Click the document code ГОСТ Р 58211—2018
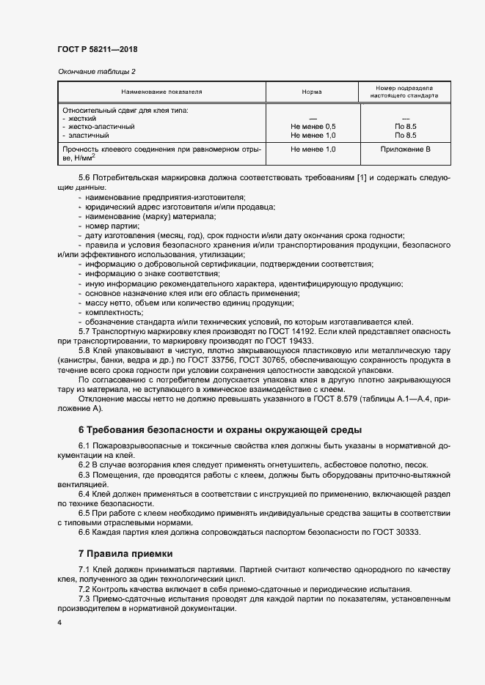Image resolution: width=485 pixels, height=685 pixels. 97,49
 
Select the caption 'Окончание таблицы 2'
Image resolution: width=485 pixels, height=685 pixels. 96,71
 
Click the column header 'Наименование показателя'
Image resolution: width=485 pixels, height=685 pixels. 161,92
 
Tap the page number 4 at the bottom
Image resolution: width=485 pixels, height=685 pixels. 59,622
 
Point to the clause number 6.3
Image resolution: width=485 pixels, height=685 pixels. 84,475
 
